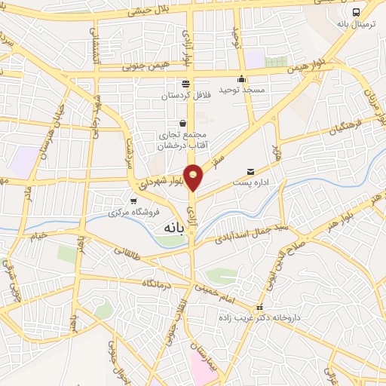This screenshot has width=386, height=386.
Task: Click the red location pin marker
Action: pos(194,177)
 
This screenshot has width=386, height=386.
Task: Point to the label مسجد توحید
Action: pos(242,90)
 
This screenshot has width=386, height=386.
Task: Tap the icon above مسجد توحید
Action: pos(241,79)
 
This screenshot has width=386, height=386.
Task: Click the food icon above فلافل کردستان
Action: pos(185,84)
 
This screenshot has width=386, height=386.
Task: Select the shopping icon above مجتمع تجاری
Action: pos(182,123)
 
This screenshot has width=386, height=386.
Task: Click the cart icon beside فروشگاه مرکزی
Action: pos(133,201)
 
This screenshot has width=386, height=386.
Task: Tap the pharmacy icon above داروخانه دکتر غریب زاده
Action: pos(260,307)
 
